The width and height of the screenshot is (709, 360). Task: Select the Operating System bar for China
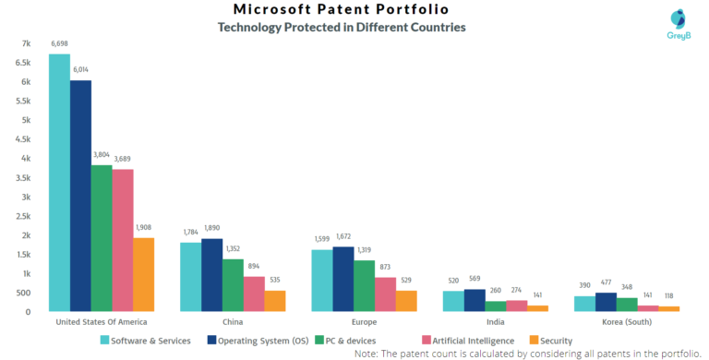tap(211, 275)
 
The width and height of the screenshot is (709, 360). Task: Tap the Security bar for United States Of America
tap(143, 274)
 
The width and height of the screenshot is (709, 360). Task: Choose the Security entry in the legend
tap(551, 341)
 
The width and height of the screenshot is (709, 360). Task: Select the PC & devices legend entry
tap(348, 341)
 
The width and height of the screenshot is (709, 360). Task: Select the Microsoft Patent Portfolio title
tap(341, 10)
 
